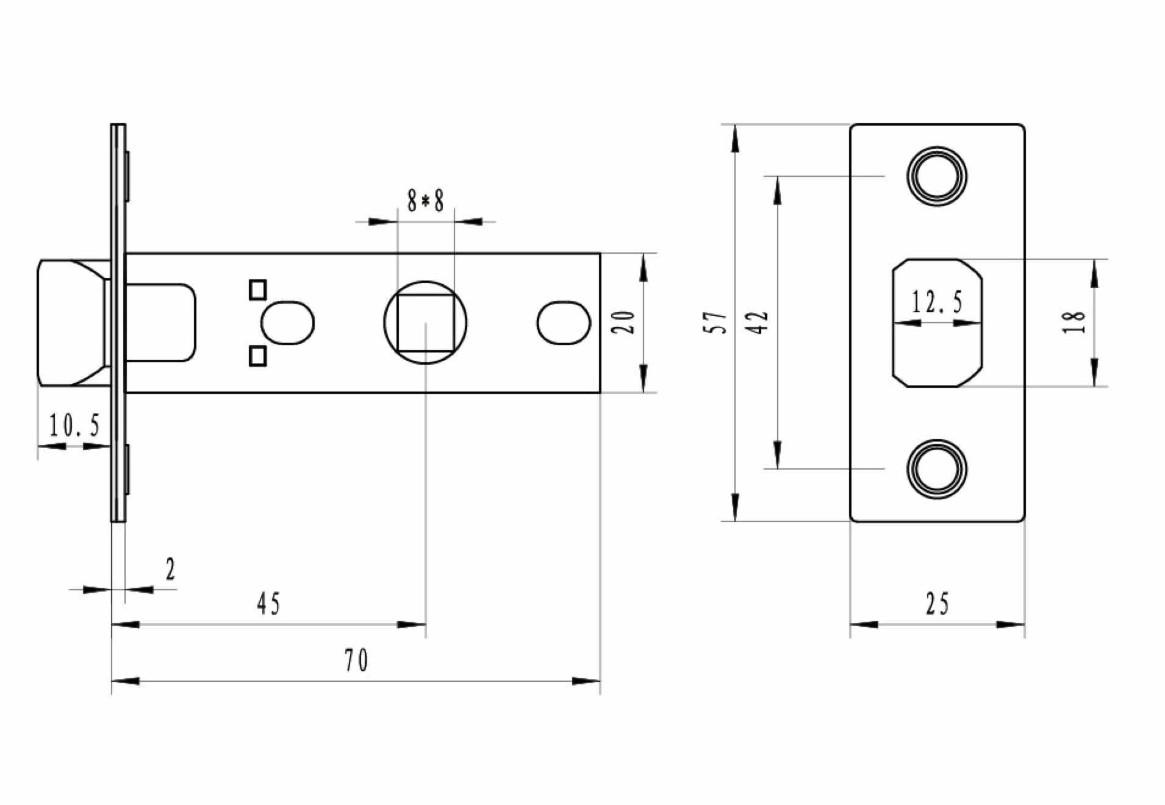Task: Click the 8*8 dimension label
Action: click(x=425, y=201)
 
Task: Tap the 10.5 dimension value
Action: click(x=74, y=425)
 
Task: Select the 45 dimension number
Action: click(x=268, y=604)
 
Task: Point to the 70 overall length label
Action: click(x=356, y=660)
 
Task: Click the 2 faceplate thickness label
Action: click(x=170, y=570)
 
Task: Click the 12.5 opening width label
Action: click(x=937, y=302)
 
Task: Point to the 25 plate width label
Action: click(x=937, y=604)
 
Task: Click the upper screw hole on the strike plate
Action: click(x=937, y=176)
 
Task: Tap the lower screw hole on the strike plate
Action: click(x=937, y=468)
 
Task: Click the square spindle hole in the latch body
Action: click(x=426, y=323)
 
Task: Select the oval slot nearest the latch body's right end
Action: click(x=564, y=322)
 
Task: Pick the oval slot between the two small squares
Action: click(x=287, y=322)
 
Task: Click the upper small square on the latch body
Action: click(x=258, y=290)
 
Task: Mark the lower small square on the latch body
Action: click(x=258, y=356)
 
